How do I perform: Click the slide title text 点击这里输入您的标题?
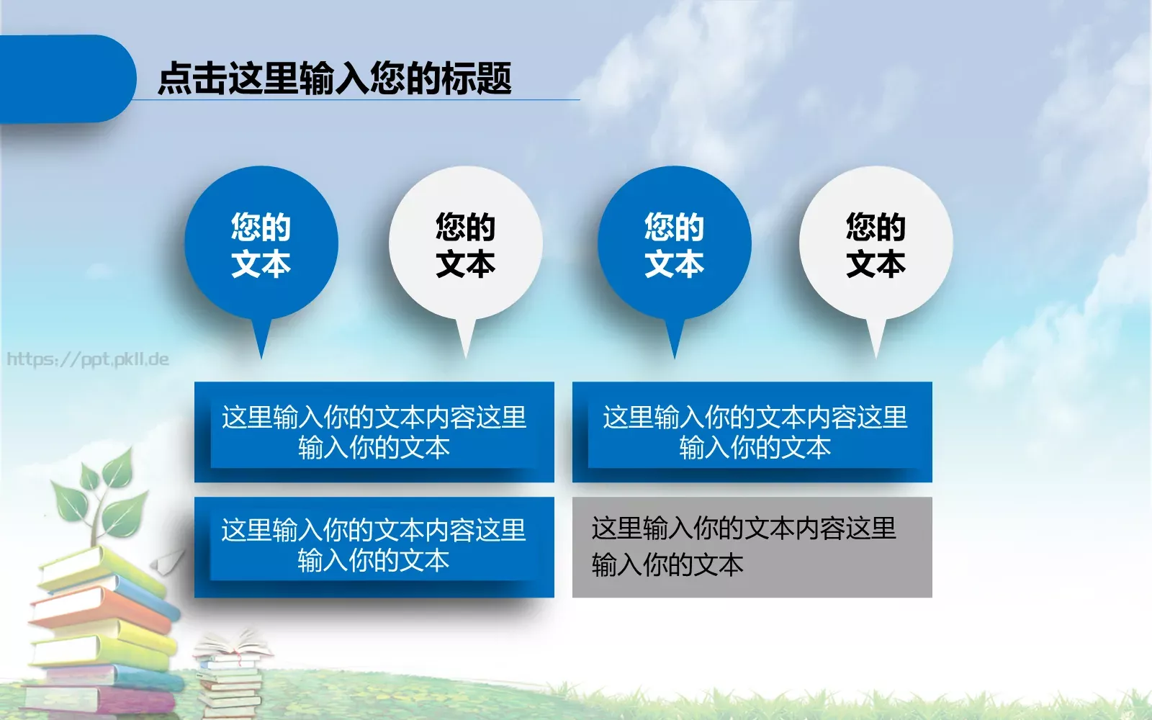click(334, 78)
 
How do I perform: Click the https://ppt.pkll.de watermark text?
click(87, 359)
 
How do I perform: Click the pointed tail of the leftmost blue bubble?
click(261, 342)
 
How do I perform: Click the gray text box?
click(752, 547)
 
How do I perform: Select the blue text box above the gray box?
click(752, 432)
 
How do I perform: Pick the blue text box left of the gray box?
click(374, 547)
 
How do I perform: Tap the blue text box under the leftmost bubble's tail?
click(374, 432)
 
